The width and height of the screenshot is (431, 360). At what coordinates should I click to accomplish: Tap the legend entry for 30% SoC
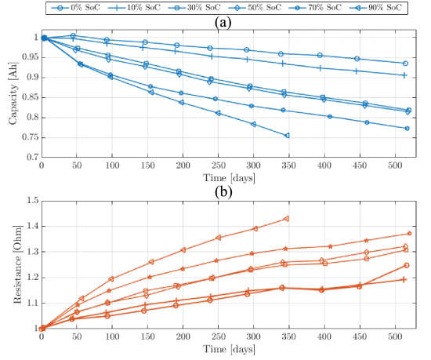coord(189,8)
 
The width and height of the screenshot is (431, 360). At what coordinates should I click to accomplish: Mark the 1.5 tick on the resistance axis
coord(31,201)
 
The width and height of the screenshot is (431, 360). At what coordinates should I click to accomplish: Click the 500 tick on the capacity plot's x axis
coord(393,165)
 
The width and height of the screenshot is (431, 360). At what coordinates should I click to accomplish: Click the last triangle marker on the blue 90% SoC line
coord(287,135)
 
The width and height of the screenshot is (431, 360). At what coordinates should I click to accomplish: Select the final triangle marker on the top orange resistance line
coord(286,219)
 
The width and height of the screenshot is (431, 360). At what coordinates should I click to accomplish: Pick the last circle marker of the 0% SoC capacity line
coord(405,64)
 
